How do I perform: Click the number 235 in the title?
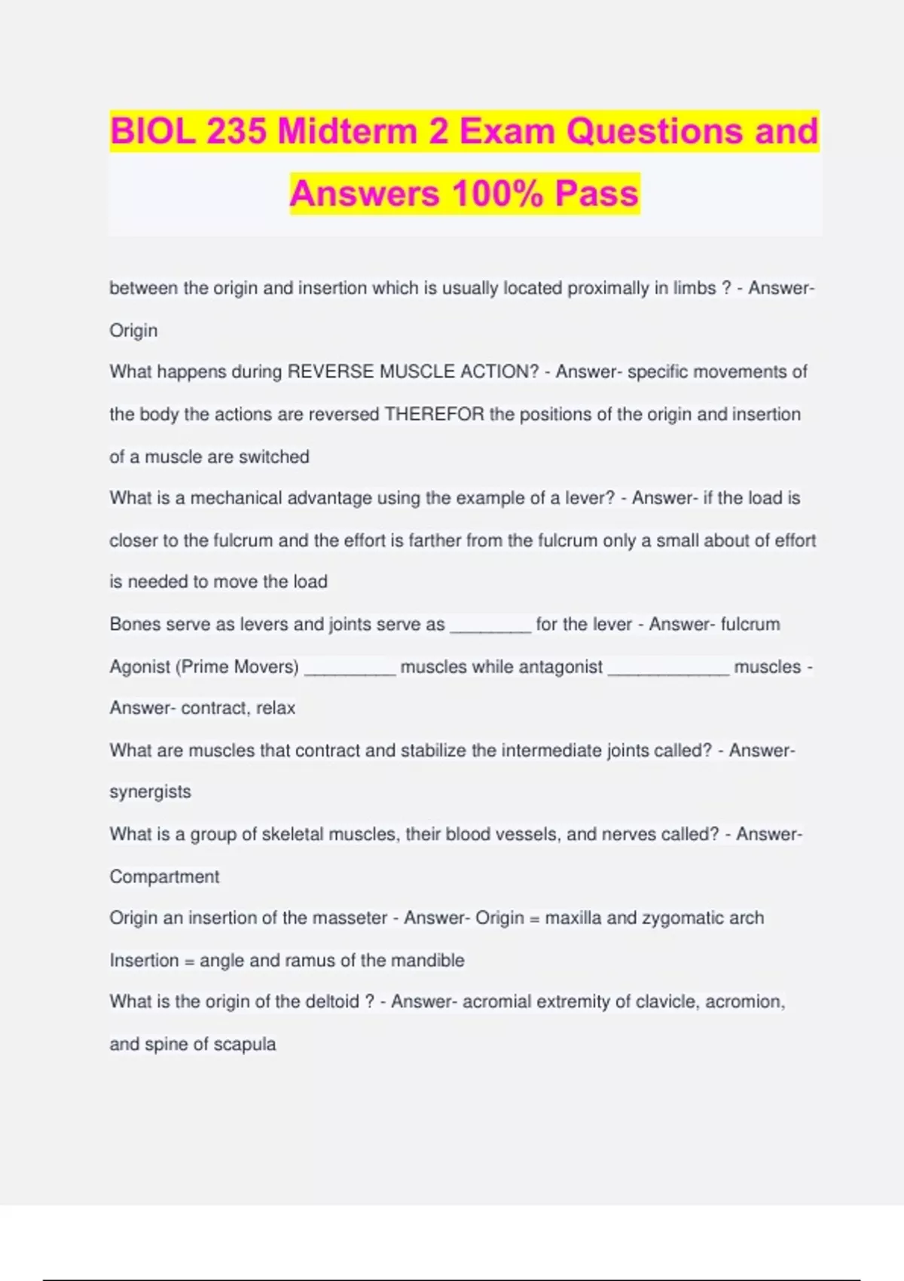(236, 132)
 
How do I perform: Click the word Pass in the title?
(597, 194)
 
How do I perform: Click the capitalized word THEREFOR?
(435, 414)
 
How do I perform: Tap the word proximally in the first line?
(608, 289)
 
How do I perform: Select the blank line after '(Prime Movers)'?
(350, 669)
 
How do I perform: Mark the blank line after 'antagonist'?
(668, 669)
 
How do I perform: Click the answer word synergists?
(150, 792)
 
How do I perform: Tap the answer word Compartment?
(164, 876)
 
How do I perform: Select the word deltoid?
(332, 1001)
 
